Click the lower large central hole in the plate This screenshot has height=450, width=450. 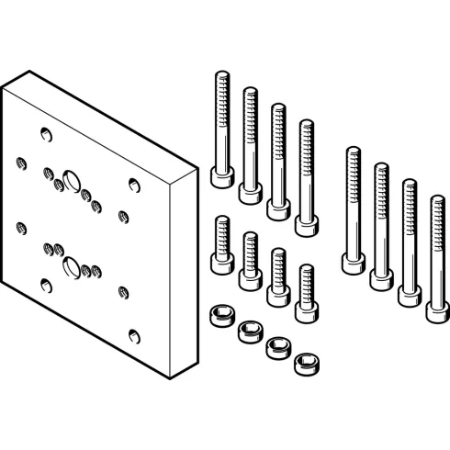point(71,266)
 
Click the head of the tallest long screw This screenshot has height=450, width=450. point(220,175)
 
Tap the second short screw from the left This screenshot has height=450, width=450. point(248,261)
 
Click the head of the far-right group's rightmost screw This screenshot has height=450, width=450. point(436,309)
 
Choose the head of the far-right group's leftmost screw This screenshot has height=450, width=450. point(352,261)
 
